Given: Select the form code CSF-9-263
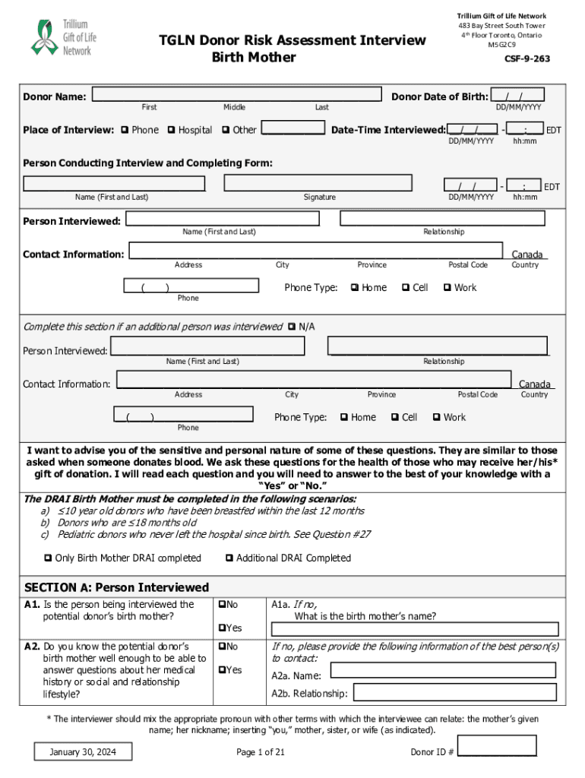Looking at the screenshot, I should pos(526,59).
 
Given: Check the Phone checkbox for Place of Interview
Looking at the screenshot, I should pos(125,130).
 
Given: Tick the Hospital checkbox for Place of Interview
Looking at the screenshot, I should pos(171,130).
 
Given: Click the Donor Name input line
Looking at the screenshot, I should pos(236,94).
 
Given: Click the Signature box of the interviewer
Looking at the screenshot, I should pos(318,183).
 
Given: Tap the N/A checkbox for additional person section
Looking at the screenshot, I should pos(292,327).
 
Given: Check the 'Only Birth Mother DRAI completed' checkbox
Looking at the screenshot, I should pos(48,558).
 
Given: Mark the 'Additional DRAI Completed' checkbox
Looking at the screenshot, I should pos(229,558).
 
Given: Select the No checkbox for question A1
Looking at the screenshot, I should pos(222,605).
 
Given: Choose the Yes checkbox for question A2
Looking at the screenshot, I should pos(222,670).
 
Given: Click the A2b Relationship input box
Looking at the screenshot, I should pos(456,692).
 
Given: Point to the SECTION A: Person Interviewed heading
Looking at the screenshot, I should pos(117,587).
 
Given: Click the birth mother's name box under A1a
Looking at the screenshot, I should pos(415,629).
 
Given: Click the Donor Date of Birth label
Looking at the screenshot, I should pos(439,96).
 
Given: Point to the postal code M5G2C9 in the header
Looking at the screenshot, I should pos(501,44).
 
